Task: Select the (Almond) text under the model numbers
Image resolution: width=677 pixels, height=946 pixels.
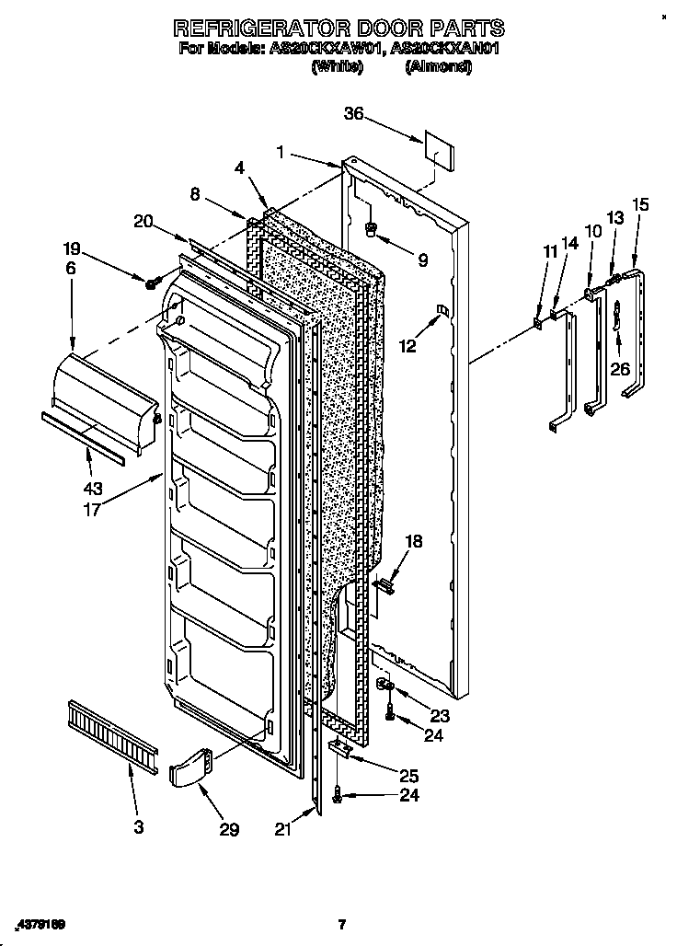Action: click(438, 66)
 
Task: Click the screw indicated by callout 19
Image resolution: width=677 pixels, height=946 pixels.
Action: click(149, 280)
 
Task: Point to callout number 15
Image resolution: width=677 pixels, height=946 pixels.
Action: click(639, 204)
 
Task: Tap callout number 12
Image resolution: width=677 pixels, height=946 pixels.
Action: click(407, 346)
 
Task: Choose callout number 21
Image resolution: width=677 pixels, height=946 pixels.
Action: click(282, 828)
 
